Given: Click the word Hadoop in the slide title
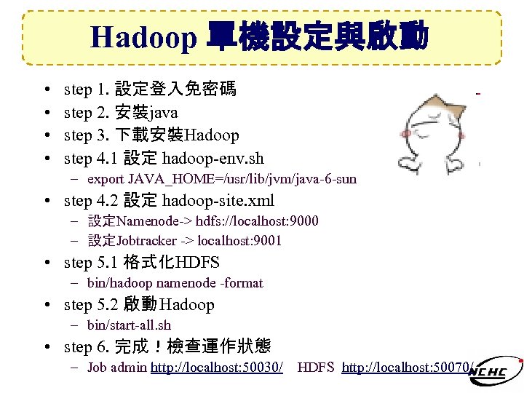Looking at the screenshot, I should (143, 36).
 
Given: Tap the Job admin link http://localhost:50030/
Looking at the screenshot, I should (217, 368).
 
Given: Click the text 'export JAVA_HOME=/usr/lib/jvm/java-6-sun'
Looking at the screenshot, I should (222, 179).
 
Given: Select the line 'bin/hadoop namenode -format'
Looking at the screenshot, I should (175, 283).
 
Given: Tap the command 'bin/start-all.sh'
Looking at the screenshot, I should (129, 325).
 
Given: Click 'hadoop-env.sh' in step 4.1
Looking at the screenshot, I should (213, 158).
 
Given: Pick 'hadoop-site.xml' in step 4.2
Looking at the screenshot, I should (218, 200).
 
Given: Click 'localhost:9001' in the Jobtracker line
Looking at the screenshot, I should (239, 241).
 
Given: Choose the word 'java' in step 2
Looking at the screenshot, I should (164, 113).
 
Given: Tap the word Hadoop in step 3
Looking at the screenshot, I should (212, 135).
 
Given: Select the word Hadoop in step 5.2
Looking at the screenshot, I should (187, 305).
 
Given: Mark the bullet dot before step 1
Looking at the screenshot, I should (47, 90).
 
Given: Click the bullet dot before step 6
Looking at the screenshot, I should (47, 347).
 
